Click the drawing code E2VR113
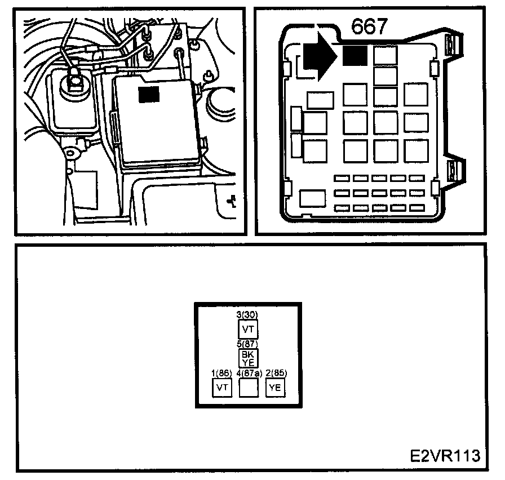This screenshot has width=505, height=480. pyautogui.click(x=444, y=455)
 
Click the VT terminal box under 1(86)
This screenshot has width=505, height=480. pyautogui.click(x=222, y=388)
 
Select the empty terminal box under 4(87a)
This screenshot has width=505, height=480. pyautogui.click(x=249, y=388)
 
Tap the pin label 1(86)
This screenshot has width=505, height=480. pyautogui.click(x=222, y=374)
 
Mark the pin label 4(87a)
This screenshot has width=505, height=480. pyautogui.click(x=249, y=374)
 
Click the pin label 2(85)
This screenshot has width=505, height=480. pyautogui.click(x=276, y=374)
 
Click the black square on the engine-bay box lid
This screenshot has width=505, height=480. pyautogui.click(x=149, y=95)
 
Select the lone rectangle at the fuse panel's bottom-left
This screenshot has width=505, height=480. pyautogui.click(x=313, y=198)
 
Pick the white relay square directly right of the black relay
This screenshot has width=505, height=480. pyautogui.click(x=385, y=55)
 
